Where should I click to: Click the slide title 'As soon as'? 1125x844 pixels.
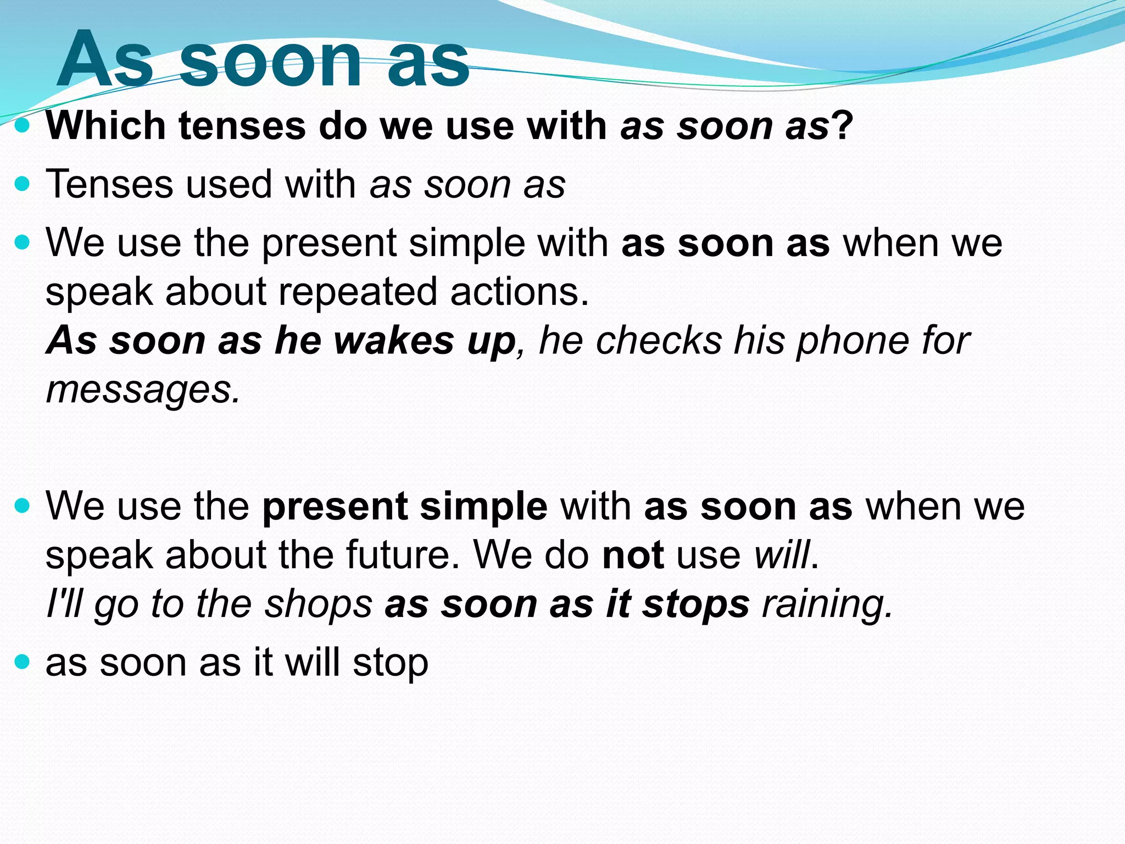coord(263,59)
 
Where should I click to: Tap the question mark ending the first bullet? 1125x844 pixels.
coord(842,125)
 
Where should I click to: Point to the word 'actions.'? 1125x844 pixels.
coord(519,291)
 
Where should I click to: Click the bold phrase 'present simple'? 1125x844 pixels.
coord(405,506)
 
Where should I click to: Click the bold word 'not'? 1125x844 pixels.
coord(633,555)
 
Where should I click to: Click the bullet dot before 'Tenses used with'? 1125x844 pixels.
coord(22,184)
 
